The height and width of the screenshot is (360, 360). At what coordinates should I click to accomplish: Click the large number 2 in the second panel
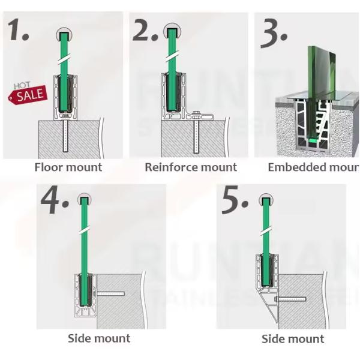pyautogui.click(x=146, y=30)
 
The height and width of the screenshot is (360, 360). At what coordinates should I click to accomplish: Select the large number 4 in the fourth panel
pyautogui.click(x=58, y=202)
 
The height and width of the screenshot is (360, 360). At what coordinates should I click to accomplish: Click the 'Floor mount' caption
pyautogui.click(x=68, y=167)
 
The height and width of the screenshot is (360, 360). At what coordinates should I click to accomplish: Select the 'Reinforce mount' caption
pyautogui.click(x=191, y=167)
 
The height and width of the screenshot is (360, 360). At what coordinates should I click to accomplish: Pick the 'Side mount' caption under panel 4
pyautogui.click(x=99, y=338)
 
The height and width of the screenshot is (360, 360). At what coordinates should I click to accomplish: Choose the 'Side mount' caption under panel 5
pyautogui.click(x=293, y=340)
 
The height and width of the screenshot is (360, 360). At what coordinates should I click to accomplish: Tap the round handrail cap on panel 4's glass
pyautogui.click(x=85, y=197)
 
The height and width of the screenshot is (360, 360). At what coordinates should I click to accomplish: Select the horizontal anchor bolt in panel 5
pyautogui.click(x=291, y=298)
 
